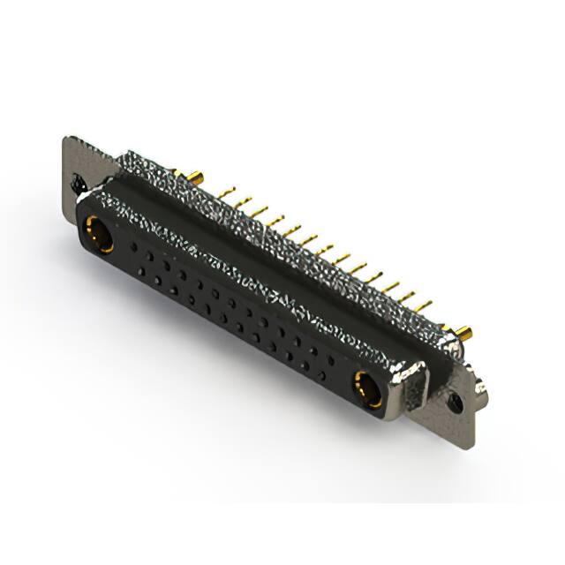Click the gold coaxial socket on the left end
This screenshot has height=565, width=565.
coord(95,237)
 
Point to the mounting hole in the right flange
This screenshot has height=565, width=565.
coord(455,402)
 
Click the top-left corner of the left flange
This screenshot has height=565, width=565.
coord(67,139)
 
